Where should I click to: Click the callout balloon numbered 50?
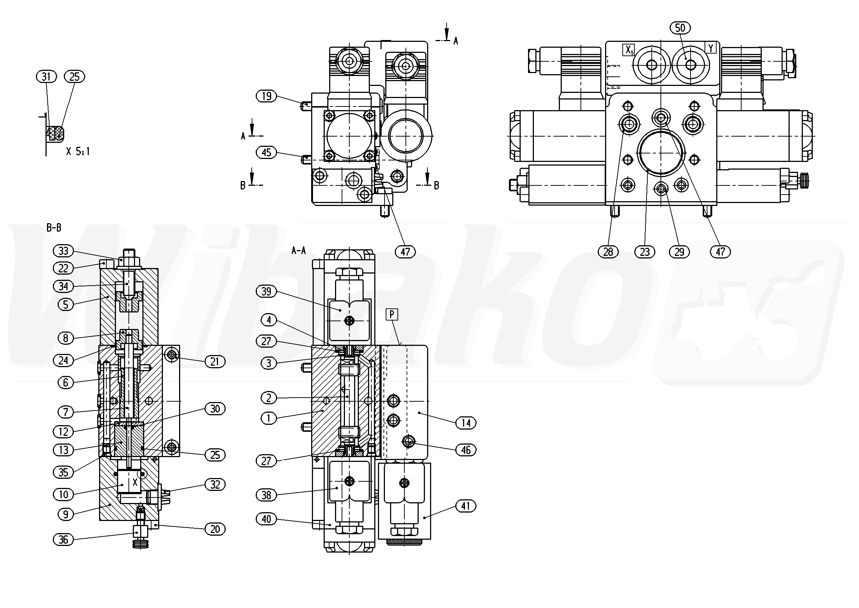pyautogui.click(x=680, y=28)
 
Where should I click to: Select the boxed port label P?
pyautogui.click(x=392, y=315)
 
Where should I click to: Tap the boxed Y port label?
pyautogui.click(x=711, y=48)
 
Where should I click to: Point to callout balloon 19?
pyautogui.click(x=266, y=96)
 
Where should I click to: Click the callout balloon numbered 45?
pyautogui.click(x=266, y=152)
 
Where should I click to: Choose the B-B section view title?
pyautogui.click(x=54, y=227)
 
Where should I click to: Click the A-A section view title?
pyautogui.click(x=299, y=250)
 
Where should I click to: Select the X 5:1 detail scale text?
pyautogui.click(x=78, y=151)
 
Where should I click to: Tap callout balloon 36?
pyautogui.click(x=63, y=539)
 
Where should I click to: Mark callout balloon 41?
pyautogui.click(x=466, y=506)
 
